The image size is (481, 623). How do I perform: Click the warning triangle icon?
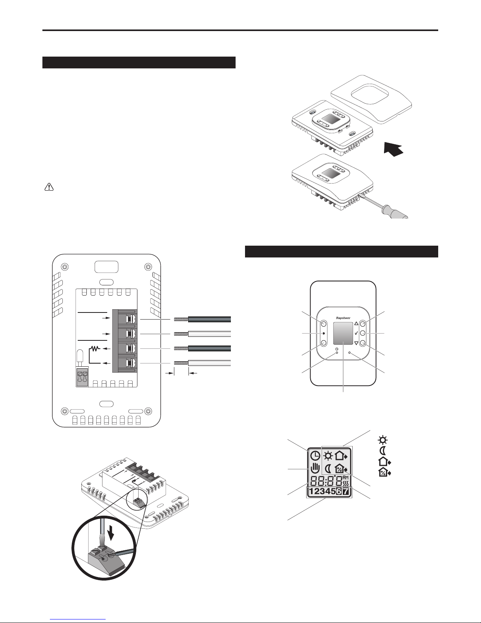point(49,187)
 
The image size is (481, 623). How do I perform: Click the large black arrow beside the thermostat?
point(393,149)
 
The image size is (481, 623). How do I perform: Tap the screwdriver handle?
point(395,212)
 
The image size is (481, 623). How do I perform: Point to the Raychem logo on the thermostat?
point(343,318)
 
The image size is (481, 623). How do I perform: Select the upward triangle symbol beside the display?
point(356,323)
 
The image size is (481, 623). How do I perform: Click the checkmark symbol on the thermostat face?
point(356,333)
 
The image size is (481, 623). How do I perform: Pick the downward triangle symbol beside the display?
point(356,343)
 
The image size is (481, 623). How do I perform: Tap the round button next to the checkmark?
point(363,333)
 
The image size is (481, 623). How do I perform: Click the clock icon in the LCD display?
point(315,455)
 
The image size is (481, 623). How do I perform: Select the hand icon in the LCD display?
point(315,468)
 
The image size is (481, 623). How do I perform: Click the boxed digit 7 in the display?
point(346,491)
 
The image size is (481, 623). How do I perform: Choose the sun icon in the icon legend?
point(383,440)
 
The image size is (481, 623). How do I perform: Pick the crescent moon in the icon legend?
point(383,451)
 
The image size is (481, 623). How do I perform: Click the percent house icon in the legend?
point(384,472)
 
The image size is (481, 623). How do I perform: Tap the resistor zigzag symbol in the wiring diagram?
point(95,349)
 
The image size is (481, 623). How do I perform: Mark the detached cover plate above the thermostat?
point(371,99)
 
